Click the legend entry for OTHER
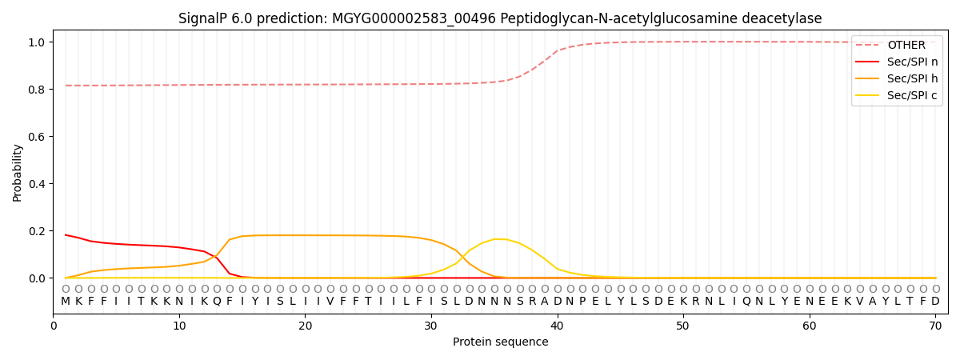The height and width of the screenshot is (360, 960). pyautogui.click(x=906, y=46)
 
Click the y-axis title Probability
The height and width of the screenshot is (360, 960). pyautogui.click(x=17, y=172)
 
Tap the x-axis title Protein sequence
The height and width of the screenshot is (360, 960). pyautogui.click(x=500, y=342)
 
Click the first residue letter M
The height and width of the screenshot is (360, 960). pyautogui.click(x=66, y=302)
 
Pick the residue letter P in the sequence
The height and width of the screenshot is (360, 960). pyautogui.click(x=582, y=302)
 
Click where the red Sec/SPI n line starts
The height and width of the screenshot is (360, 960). pyautogui.click(x=66, y=234)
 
